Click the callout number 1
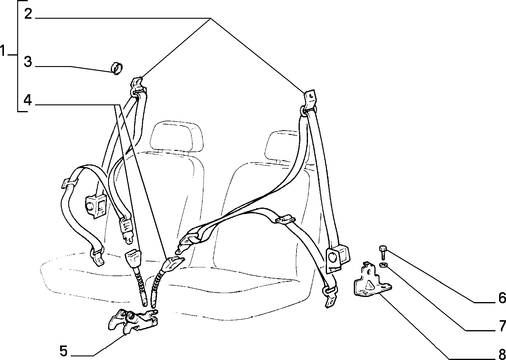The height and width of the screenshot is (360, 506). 2,51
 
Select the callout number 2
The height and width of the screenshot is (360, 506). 28,14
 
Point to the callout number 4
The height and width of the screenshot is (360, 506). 28,100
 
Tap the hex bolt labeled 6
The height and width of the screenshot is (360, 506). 383,253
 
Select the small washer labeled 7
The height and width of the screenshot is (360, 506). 383,265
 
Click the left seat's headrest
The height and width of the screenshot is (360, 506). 176,137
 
